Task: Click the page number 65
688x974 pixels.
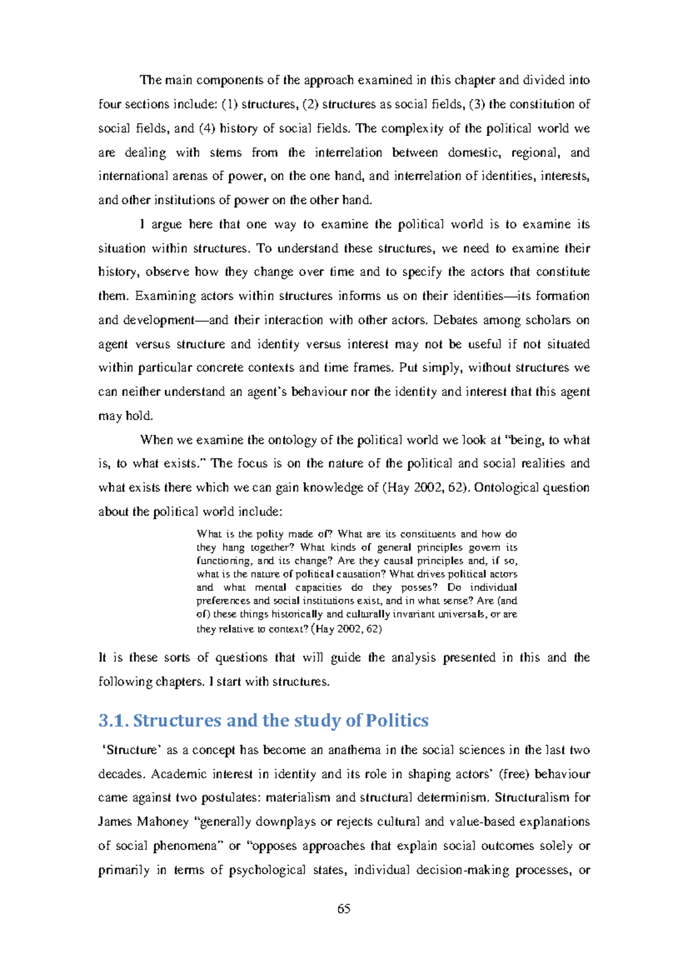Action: (x=344, y=909)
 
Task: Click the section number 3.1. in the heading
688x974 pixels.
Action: (x=114, y=720)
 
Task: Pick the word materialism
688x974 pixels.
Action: (x=298, y=797)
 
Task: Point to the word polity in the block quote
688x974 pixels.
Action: (x=269, y=533)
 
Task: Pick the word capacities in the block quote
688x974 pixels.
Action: (x=318, y=587)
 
